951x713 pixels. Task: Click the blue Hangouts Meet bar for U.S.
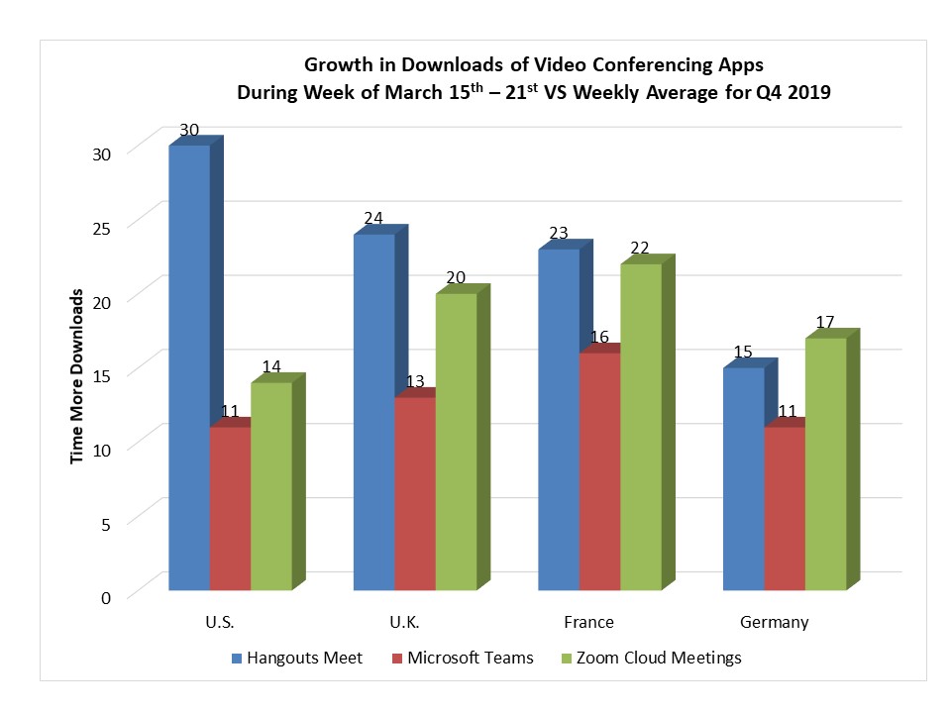(189, 366)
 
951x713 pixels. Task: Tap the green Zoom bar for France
(640, 426)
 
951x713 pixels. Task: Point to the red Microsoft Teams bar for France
(599, 470)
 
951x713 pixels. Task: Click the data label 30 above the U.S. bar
(190, 131)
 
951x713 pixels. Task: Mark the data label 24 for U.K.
(374, 219)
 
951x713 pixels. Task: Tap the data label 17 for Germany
(826, 323)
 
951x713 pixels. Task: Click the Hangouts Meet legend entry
(297, 658)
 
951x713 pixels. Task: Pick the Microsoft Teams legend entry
(463, 658)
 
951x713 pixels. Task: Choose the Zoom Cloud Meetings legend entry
(655, 658)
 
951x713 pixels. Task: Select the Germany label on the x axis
(775, 623)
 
